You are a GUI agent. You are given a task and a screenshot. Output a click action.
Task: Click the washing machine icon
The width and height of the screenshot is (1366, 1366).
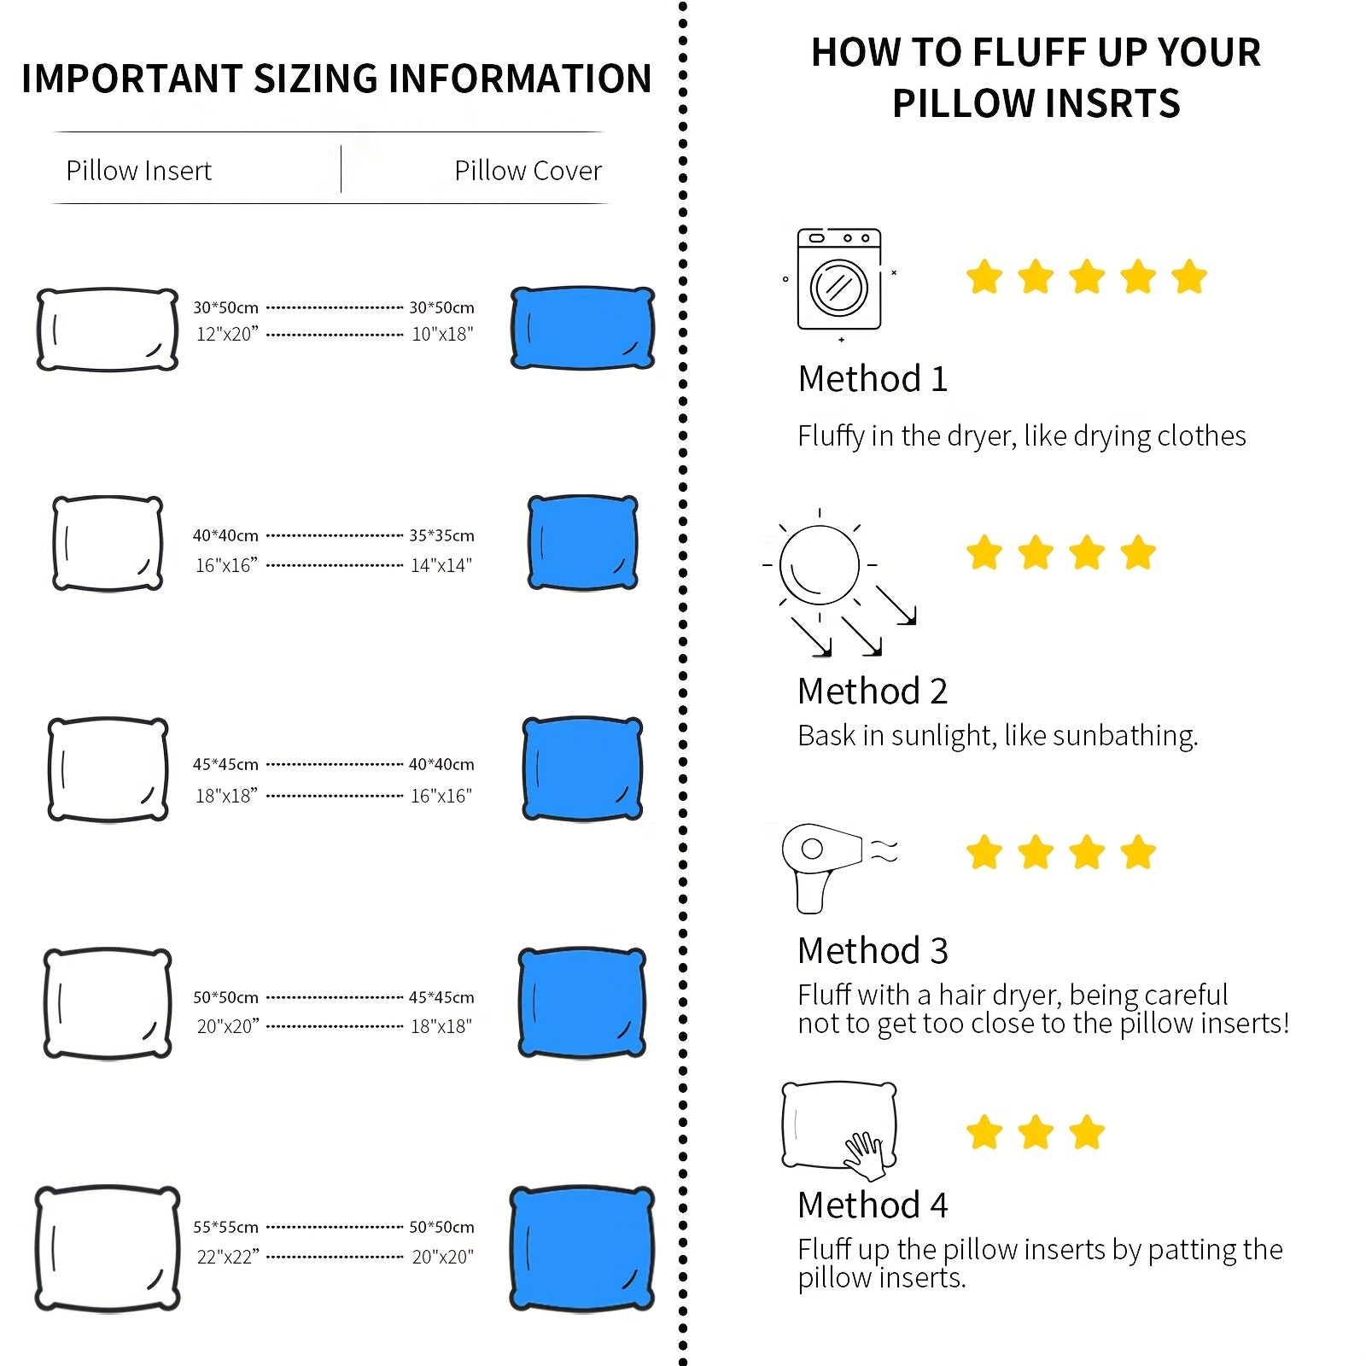[x=838, y=279]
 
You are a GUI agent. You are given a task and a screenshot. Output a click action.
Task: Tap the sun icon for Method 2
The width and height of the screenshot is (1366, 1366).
[x=819, y=565]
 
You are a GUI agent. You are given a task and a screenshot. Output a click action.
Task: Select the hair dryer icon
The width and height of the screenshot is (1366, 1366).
[x=821, y=864]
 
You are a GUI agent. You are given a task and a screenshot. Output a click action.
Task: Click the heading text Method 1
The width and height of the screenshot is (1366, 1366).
[x=873, y=379]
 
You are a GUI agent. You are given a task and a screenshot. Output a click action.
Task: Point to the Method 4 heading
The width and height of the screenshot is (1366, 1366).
[x=873, y=1205]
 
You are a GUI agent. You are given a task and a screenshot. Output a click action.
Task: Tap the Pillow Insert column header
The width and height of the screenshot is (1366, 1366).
[x=138, y=171]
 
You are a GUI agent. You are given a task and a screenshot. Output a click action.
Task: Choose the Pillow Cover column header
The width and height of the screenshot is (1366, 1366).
[x=528, y=171]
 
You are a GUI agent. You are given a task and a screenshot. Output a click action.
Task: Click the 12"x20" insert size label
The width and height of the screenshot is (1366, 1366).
[x=227, y=335]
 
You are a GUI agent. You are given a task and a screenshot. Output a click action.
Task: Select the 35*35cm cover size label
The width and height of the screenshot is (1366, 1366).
[x=441, y=536]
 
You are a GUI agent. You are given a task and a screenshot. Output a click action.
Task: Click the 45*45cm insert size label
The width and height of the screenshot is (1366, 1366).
[x=225, y=765]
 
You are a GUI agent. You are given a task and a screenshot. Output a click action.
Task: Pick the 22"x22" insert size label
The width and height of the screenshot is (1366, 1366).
[x=227, y=1257]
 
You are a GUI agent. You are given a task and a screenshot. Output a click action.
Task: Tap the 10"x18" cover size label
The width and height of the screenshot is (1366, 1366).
[x=442, y=335]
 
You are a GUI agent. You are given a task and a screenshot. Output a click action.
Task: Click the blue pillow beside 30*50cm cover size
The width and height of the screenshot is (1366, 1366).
[x=582, y=329]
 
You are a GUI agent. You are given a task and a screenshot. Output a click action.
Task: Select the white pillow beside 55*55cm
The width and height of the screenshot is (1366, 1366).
[x=108, y=1248]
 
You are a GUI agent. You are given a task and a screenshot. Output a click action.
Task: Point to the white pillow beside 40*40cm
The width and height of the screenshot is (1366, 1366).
[x=108, y=543]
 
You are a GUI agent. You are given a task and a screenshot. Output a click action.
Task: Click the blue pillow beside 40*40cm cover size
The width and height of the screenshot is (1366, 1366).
[x=582, y=768]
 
